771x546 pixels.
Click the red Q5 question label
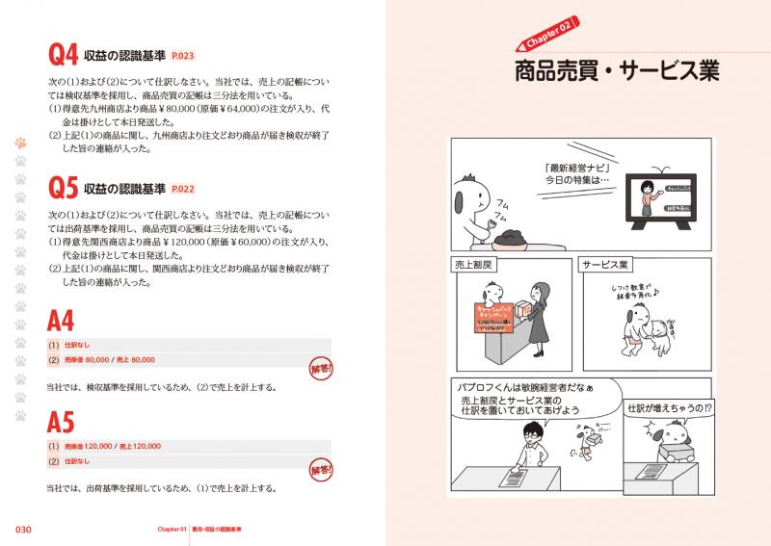click(x=63, y=187)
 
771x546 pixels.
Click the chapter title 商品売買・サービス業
click(x=617, y=73)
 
